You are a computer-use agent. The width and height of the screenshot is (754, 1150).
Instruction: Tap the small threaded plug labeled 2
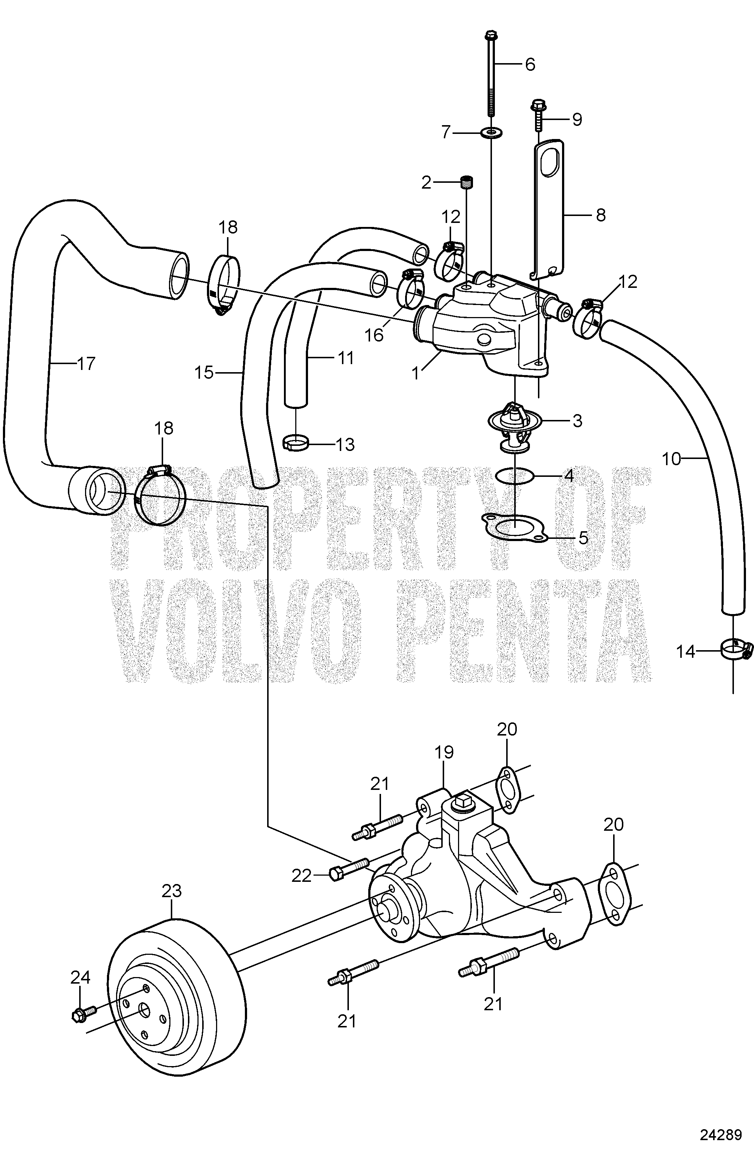pyautogui.click(x=467, y=182)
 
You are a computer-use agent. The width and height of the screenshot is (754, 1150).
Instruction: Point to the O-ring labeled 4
pyautogui.click(x=516, y=476)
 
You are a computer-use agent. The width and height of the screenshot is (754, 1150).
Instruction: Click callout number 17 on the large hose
pyautogui.click(x=86, y=363)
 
